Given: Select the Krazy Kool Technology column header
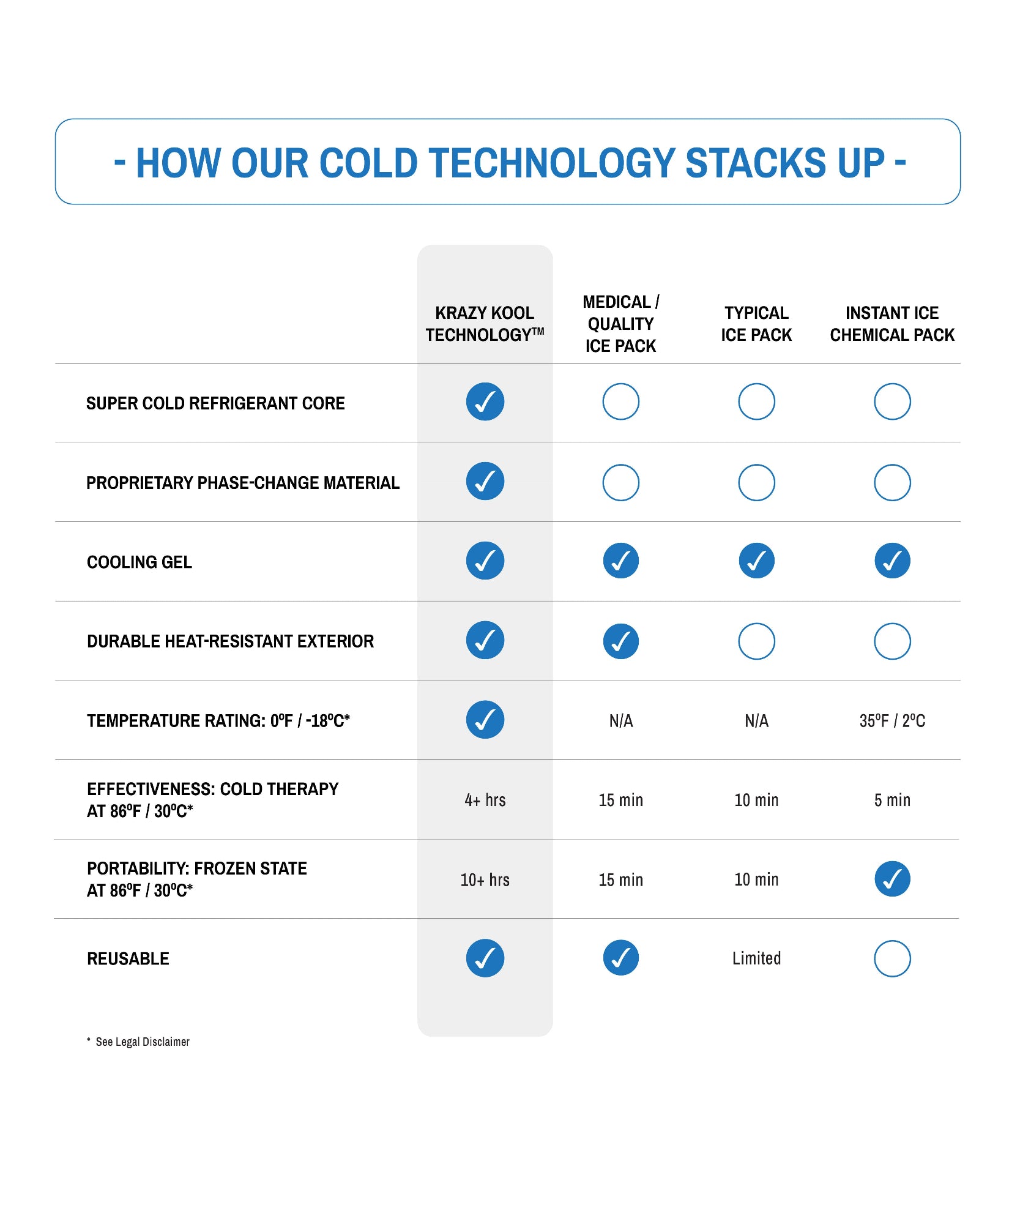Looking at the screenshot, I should pos(485,324).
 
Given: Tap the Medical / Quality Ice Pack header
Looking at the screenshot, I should pos(620,324).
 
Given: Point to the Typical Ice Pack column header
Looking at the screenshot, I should pos(756,324).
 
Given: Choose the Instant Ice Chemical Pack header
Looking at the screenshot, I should pos(892,324).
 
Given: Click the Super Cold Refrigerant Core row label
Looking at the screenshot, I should pos(215,403).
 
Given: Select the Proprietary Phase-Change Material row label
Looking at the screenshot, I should pos(243,483).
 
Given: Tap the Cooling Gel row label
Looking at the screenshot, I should pos(140,562).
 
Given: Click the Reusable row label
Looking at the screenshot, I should pos(128,958).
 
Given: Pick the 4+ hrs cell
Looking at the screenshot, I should pos(485,800).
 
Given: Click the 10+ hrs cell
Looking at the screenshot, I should pos(485,879).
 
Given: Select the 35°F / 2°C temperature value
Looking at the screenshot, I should pos(892,721).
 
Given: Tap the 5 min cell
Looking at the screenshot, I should pos(892,800).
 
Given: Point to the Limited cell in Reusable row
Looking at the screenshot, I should pos(756,958).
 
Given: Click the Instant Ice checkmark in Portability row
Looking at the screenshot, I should pos(892,879).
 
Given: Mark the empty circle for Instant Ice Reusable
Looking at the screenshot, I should pos(892,958).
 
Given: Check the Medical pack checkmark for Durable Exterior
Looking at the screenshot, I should pos(620,641).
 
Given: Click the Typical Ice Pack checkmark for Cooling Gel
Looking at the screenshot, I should pos(756,561).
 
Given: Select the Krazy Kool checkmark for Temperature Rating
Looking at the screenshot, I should pos(485,720).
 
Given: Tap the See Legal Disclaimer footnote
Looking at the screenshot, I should pos(142,1042).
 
